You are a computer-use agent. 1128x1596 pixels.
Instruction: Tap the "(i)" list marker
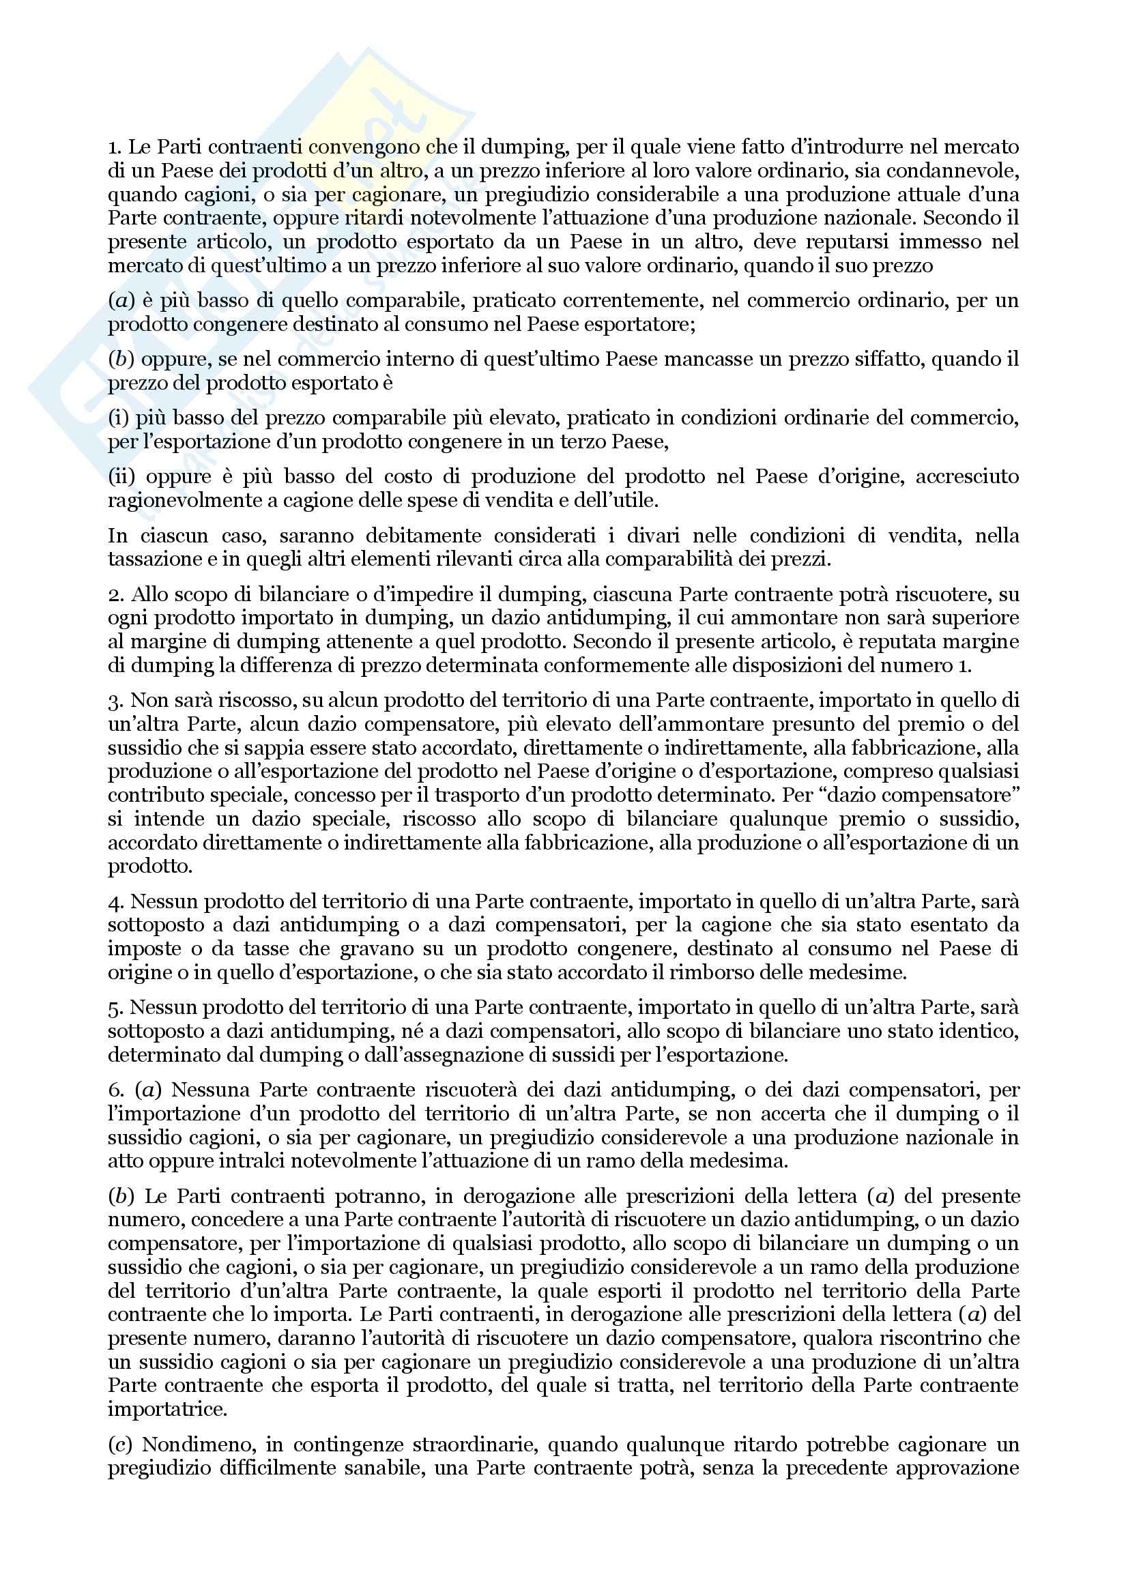point(118,418)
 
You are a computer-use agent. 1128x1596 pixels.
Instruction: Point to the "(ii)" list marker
point(121,477)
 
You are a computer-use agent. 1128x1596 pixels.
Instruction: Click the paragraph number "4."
point(115,901)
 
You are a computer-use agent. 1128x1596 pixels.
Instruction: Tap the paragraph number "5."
point(115,1007)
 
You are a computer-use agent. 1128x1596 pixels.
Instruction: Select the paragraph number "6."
point(115,1090)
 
